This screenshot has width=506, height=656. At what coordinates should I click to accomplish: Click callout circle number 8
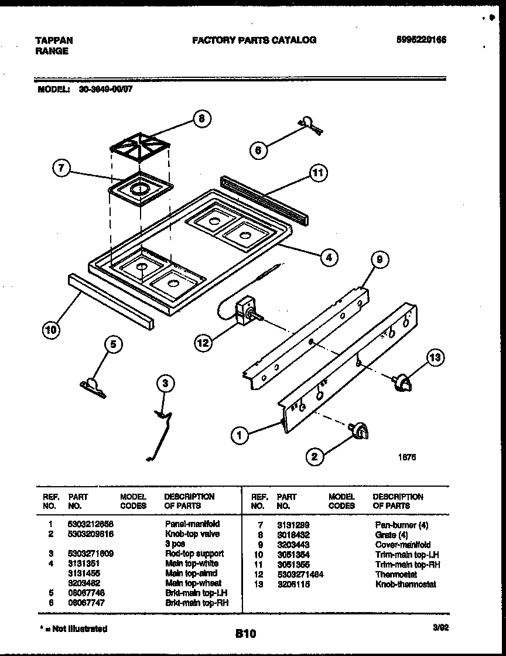coord(201,119)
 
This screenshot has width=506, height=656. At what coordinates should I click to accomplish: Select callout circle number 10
coord(51,330)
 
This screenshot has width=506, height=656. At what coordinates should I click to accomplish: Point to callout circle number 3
coord(166,384)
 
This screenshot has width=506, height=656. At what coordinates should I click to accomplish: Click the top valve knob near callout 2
coord(358,431)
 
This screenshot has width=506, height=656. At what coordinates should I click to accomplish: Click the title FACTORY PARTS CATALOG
coord(254,40)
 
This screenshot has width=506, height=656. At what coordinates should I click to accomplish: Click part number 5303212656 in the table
coord(89,524)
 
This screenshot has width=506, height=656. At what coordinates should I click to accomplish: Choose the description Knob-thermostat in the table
coord(405,584)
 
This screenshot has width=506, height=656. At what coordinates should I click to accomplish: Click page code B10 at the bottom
coord(247,633)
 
